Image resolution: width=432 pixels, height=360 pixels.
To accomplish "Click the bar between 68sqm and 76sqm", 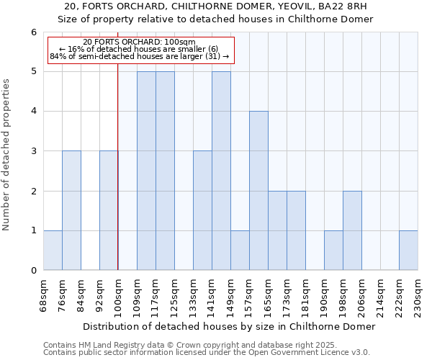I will tap(53, 251).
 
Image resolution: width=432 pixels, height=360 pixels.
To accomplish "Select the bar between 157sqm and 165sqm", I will tap(258, 191).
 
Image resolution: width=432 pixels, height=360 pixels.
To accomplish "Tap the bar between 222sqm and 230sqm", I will tap(408, 251).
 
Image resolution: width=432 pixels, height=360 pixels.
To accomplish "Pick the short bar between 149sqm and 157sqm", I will tap(240, 251).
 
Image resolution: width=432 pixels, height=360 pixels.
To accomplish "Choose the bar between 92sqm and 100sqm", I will tap(109, 210).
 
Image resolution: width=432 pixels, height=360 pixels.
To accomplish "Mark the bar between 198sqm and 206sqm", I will tap(352, 230).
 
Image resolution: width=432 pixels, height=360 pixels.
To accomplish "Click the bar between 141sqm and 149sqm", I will tap(221, 171).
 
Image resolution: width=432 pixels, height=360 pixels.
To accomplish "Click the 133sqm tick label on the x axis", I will tap(202, 294).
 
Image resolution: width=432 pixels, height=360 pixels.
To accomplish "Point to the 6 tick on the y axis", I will tap(33, 32).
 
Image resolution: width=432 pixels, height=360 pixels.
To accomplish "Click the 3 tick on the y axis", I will tap(33, 151).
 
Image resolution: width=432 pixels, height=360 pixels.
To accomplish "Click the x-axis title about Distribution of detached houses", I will tap(230, 326).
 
